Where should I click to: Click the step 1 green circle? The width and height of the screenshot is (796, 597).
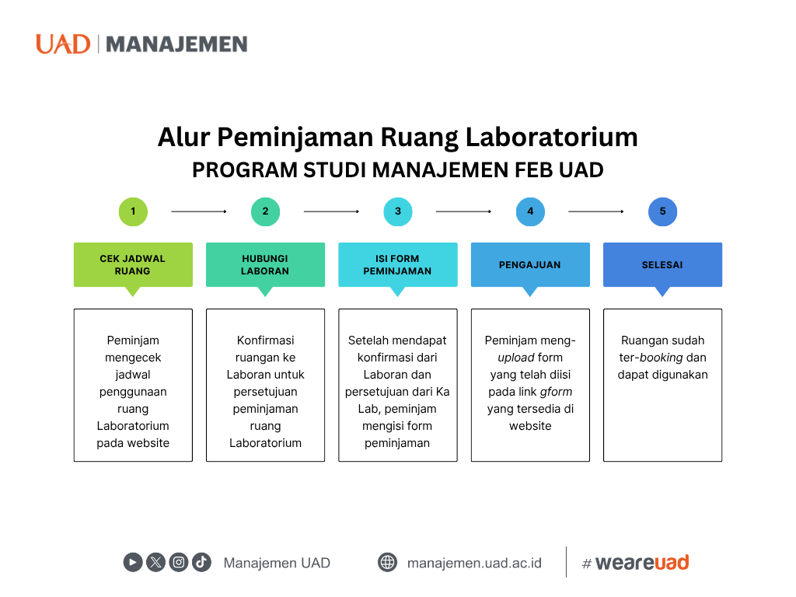pos(133,211)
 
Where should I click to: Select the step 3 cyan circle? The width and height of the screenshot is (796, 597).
pos(398,211)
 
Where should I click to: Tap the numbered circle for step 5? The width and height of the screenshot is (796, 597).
pos(662,211)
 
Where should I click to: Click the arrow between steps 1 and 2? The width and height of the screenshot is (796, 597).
pos(199,211)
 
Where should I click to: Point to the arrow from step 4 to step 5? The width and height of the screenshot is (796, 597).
pos(596,211)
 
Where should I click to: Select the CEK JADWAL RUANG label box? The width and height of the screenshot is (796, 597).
pos(133,265)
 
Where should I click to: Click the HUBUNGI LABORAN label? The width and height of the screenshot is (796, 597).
pos(265,265)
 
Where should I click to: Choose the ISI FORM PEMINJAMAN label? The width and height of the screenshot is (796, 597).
pos(398,265)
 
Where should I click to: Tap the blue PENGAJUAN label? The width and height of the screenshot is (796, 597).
pos(530,265)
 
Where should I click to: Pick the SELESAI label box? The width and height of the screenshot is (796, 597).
pos(662,265)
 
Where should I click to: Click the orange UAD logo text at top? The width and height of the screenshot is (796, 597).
pos(63,44)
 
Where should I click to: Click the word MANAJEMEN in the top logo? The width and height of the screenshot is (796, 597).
pos(176,44)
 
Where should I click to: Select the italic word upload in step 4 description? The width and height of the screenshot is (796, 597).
pos(515,358)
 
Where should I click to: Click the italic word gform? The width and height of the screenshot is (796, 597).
pos(557,392)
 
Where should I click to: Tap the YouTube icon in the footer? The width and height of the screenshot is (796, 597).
pos(133,562)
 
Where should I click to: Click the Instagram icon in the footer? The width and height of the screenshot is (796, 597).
pos(179,562)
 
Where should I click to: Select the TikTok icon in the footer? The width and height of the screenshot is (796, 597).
pos(202,562)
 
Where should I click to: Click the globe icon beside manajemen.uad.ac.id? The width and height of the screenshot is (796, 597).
pos(387,562)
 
